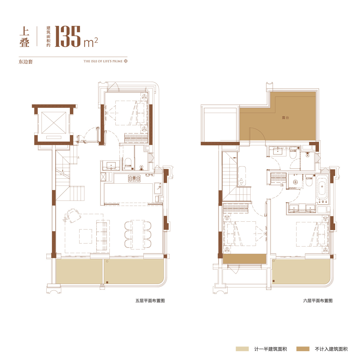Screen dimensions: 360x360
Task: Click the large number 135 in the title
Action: (67, 36)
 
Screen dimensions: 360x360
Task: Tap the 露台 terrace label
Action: (285, 118)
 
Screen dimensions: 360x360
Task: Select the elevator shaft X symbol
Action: (54, 123)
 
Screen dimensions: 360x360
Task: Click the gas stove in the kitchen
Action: (134, 179)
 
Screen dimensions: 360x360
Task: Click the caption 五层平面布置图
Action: (150, 301)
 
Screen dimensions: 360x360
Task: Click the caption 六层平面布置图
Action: (318, 301)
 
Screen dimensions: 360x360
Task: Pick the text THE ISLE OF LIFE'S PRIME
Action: (103, 61)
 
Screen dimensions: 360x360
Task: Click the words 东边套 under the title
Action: (26, 62)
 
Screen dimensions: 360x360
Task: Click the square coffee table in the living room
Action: (85, 236)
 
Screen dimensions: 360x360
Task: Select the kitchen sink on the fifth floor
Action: (158, 188)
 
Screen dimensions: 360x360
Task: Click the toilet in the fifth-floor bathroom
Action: (128, 164)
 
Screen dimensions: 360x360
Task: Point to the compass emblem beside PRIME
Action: (126, 61)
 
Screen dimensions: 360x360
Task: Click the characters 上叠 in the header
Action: (25, 36)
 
